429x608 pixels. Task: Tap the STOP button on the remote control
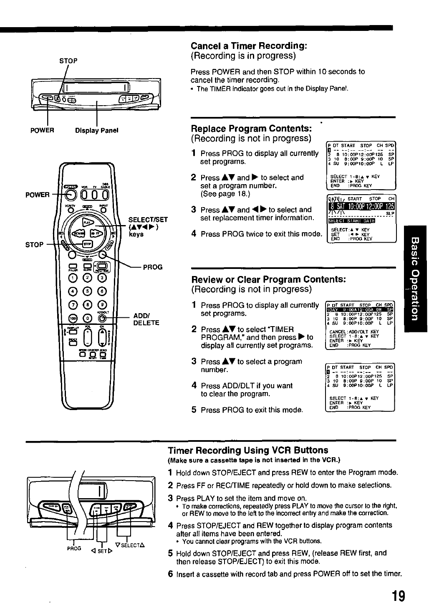[87, 244]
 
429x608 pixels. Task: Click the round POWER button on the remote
[71, 195]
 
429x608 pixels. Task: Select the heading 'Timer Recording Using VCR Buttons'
[248, 450]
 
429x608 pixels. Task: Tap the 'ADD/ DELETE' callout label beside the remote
[146, 319]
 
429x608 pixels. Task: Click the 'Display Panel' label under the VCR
[97, 130]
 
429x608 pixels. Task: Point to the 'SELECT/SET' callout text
[148, 219]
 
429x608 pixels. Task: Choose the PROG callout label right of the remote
[153, 267]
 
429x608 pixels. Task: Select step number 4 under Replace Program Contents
[194, 234]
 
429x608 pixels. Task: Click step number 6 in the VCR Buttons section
[170, 574]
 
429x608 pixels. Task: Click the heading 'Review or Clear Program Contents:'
[269, 279]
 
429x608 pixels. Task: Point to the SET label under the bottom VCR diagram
[102, 551]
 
